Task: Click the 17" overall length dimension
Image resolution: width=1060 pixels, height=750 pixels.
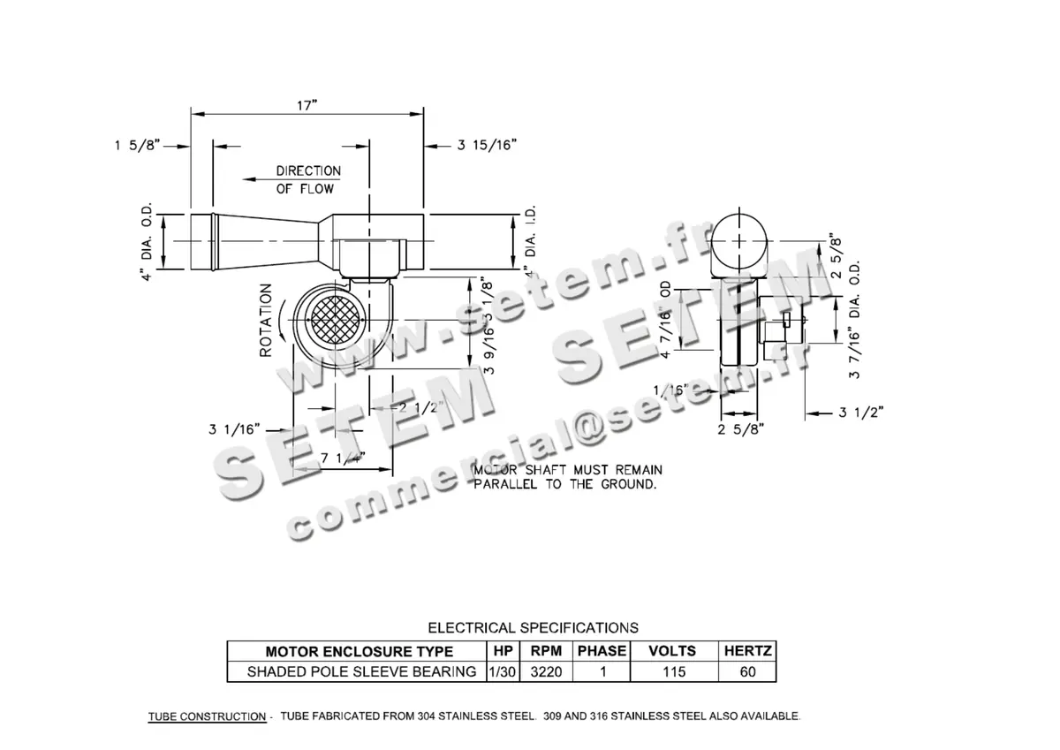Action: coord(307,105)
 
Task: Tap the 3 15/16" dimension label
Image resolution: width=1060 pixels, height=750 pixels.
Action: coord(487,145)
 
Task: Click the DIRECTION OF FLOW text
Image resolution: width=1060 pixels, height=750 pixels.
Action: coord(307,179)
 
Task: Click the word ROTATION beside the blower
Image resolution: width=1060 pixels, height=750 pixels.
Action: coord(265,321)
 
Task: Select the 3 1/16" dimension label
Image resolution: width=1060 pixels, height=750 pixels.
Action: coord(234,429)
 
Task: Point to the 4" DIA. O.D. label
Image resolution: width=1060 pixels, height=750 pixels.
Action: coord(148,240)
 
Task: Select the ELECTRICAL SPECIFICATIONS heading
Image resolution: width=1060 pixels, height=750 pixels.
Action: coord(533,628)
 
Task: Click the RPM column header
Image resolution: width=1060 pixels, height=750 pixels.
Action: coord(546,651)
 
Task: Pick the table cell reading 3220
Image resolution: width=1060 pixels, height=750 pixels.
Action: coord(546,671)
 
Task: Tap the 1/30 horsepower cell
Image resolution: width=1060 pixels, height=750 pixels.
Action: coord(501,671)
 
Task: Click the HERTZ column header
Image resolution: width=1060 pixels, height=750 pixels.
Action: coord(748,651)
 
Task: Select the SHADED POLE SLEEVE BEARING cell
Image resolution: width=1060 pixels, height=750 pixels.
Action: coord(361,671)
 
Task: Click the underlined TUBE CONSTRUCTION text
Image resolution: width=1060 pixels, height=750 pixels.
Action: coord(207,716)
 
